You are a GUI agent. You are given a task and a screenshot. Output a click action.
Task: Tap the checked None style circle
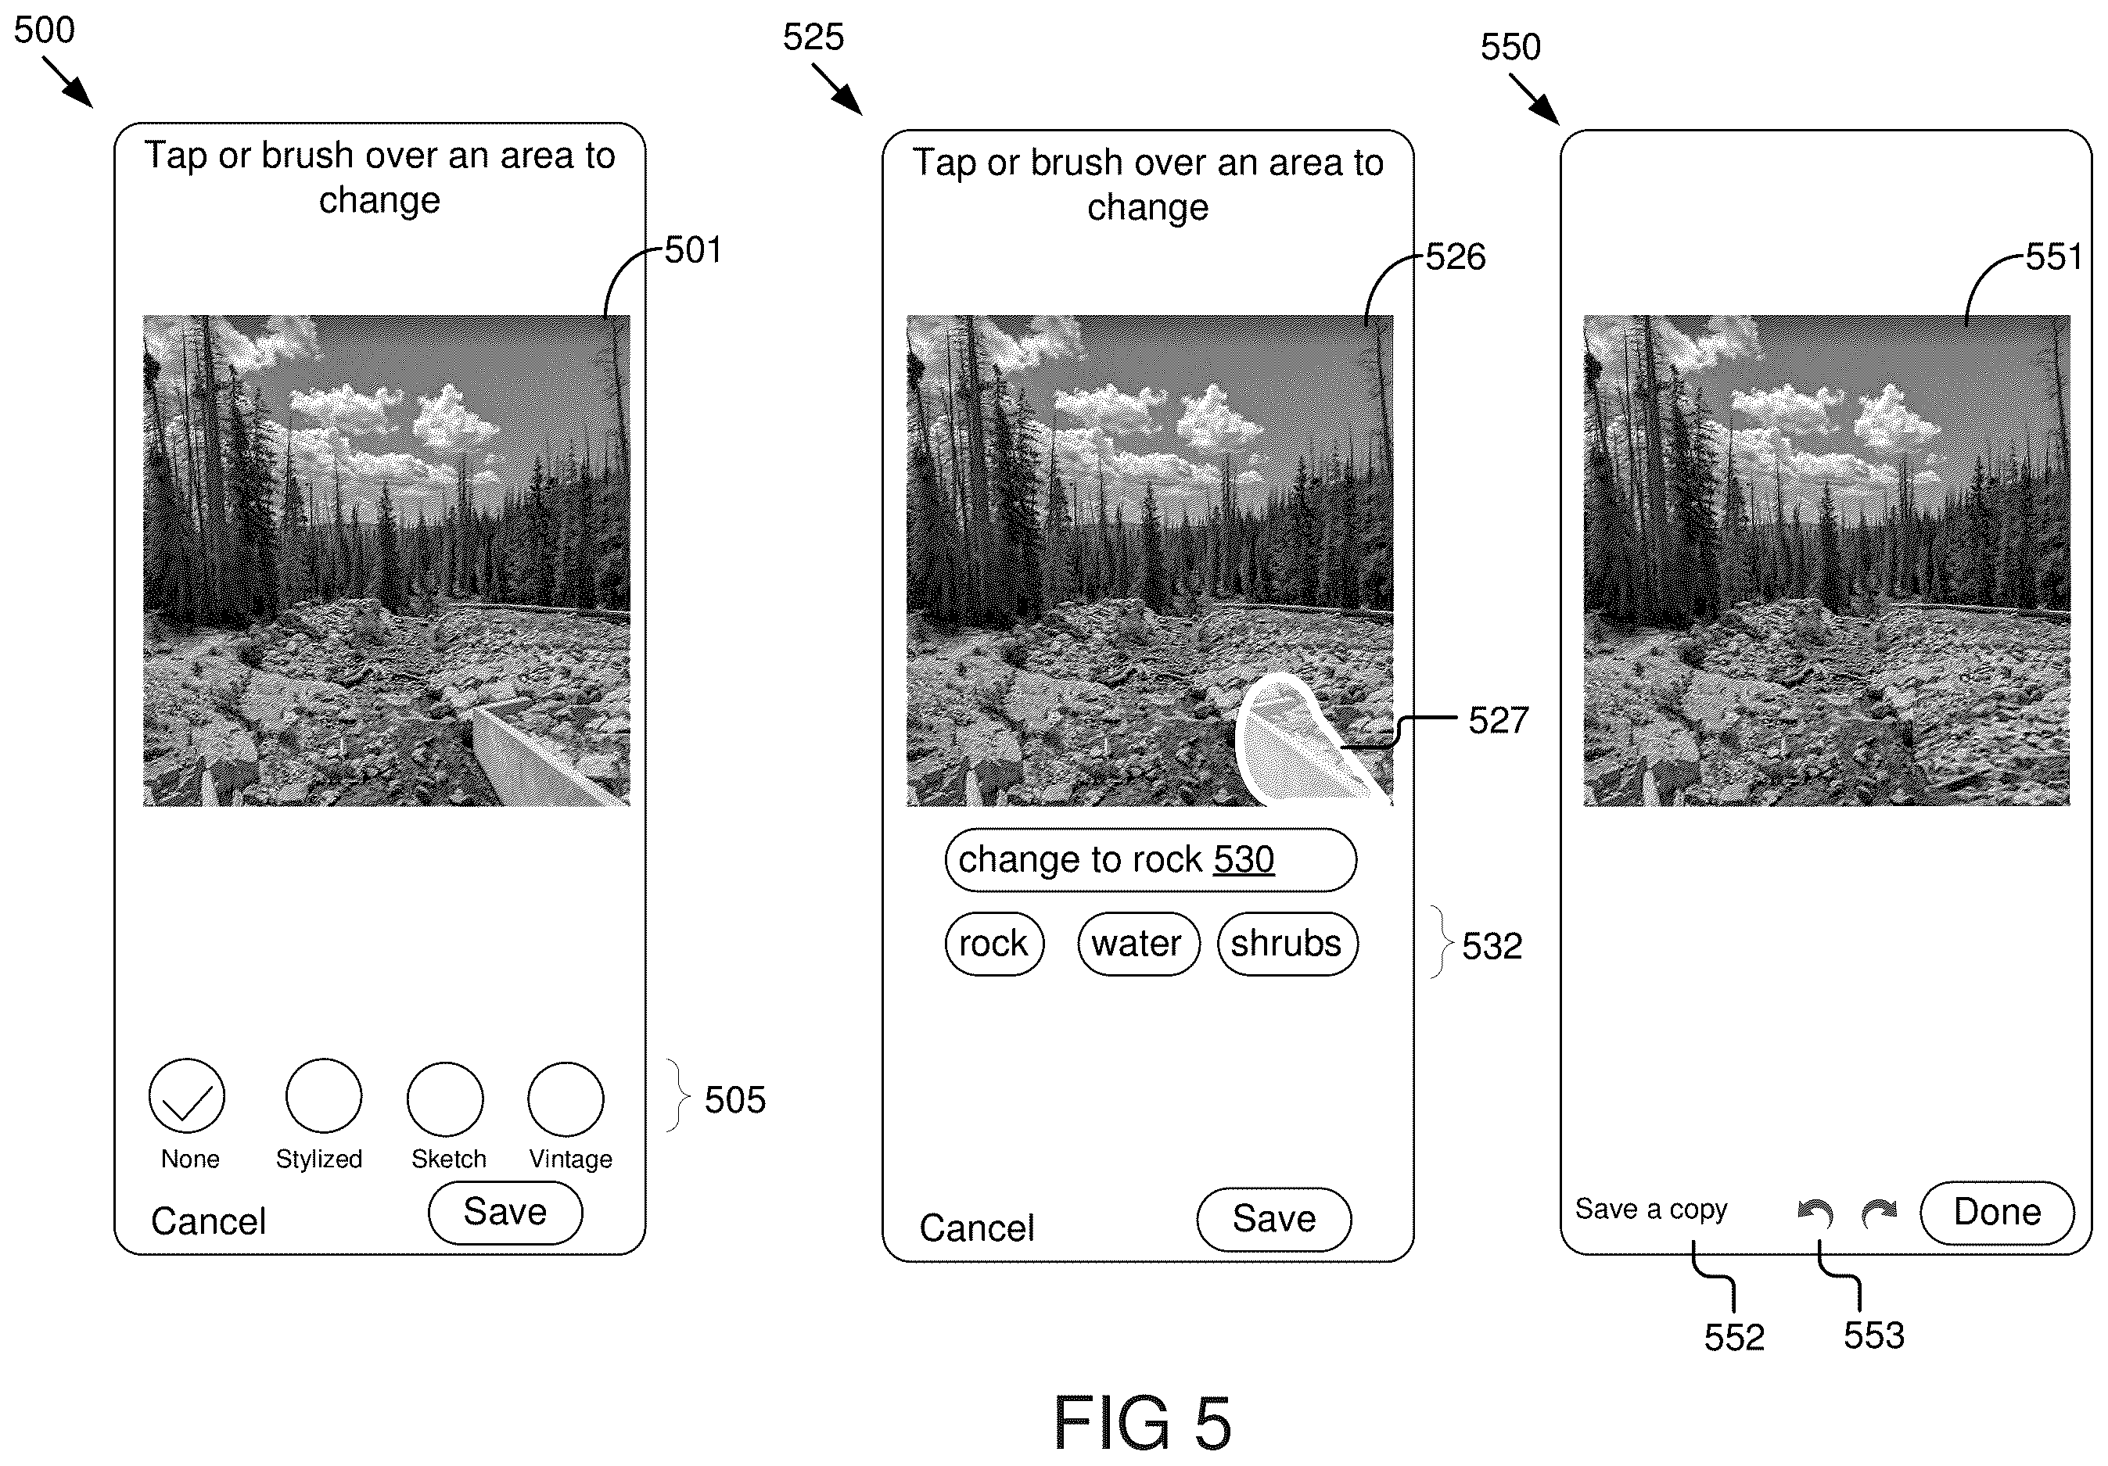coord(186,1096)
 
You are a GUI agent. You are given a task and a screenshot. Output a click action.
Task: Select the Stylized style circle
coord(323,1096)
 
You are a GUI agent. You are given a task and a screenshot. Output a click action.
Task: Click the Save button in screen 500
coord(505,1213)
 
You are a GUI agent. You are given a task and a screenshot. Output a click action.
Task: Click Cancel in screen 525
coord(977,1228)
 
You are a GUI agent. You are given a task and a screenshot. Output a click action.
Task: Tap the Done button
coord(1997,1213)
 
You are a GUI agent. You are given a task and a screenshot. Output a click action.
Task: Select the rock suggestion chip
coord(994,944)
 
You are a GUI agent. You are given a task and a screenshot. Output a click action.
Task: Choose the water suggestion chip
coord(1138,944)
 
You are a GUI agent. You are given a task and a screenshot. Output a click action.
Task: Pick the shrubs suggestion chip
coord(1287,944)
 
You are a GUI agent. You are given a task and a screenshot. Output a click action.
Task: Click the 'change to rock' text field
coord(1151,860)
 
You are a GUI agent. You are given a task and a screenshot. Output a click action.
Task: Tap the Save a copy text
coord(1650,1210)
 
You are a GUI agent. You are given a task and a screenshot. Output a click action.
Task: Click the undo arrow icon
coord(1815,1213)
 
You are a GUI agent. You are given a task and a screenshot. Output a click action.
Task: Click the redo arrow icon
coord(1879,1213)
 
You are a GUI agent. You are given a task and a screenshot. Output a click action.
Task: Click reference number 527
coord(1499,721)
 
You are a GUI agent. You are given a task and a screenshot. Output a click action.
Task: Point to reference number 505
coord(734,1100)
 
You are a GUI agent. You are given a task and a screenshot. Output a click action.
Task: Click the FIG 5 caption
coord(1141,1423)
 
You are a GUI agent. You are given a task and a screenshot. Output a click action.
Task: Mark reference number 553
coord(1874,1335)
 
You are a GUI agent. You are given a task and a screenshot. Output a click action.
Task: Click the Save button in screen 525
coord(1273,1220)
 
